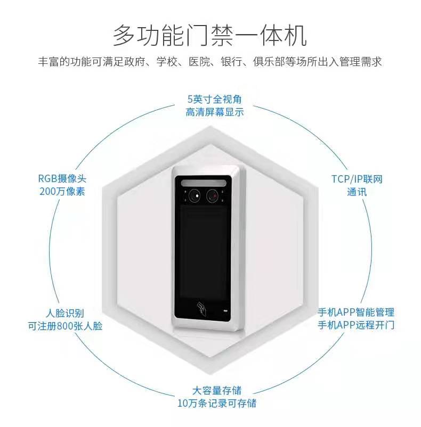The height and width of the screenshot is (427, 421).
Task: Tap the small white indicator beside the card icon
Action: coord(224,310)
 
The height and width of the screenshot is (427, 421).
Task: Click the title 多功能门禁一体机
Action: coord(210,36)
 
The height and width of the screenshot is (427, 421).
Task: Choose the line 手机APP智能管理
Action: coord(356,312)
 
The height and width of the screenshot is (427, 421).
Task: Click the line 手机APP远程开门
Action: coord(356,325)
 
